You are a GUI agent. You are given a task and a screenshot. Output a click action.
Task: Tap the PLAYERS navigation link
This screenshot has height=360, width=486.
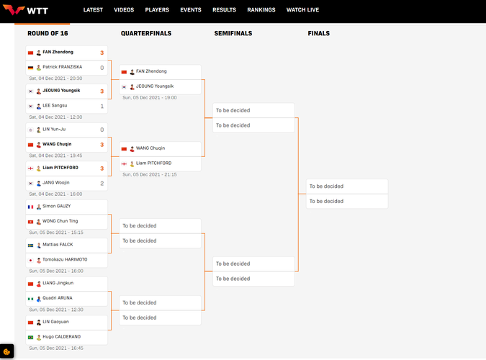157,10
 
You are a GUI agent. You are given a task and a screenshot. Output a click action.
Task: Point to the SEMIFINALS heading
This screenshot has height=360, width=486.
233,34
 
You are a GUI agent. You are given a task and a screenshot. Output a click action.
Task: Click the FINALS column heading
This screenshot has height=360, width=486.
318,34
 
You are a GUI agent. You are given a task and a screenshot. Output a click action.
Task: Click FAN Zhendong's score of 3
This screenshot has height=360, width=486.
102,53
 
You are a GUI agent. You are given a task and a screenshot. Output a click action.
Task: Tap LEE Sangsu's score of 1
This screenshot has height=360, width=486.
102,107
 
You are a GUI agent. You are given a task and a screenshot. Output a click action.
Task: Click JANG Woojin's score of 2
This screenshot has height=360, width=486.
102,184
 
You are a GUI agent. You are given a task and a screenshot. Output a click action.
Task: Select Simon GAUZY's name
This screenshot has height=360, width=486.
56,207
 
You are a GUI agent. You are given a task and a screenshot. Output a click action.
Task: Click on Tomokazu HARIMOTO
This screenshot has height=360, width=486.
65,260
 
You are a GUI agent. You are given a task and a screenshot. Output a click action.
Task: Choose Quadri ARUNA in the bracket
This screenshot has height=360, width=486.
58,298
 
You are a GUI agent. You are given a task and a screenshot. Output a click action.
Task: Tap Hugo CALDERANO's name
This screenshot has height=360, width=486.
61,337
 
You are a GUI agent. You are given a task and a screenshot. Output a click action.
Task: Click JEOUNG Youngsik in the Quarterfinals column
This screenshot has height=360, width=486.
155,86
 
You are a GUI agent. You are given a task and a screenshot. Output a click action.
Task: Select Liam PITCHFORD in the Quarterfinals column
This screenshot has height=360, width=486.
153,163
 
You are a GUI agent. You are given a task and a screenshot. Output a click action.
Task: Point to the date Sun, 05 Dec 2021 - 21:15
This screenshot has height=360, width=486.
149,174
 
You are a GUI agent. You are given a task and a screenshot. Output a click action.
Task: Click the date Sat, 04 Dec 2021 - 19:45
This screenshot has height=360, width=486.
55,156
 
